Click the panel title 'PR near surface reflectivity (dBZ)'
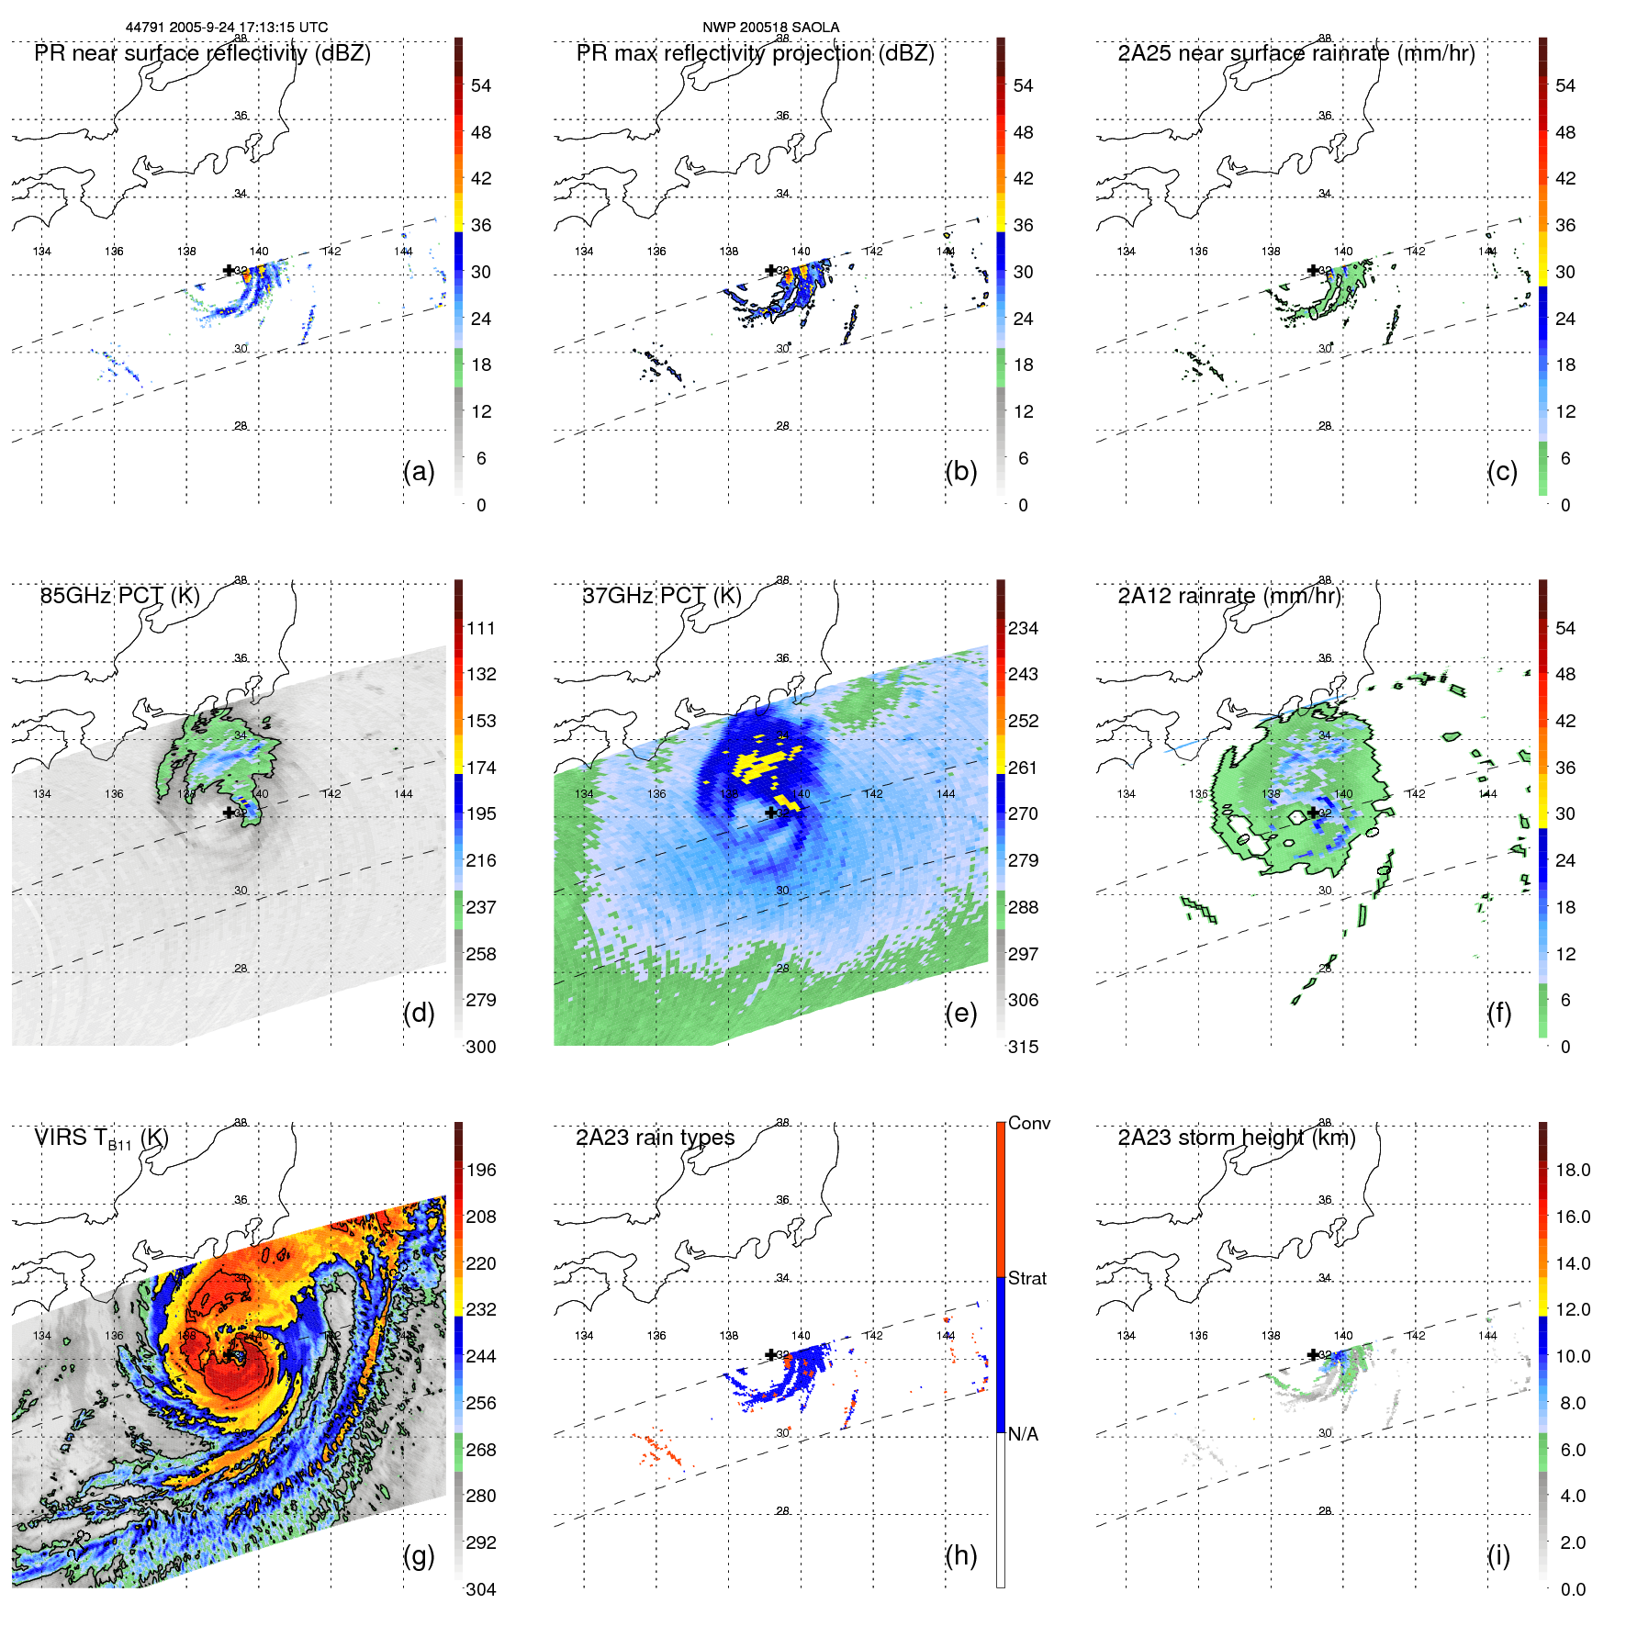pyautogui.click(x=202, y=53)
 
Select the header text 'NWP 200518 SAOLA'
pyautogui.click(x=770, y=27)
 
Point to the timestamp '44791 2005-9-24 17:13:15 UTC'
pyautogui.click(x=227, y=27)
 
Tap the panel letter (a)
pyautogui.click(x=419, y=471)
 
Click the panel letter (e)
pyautogui.click(x=960, y=1013)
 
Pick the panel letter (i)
pyautogui.click(x=1498, y=1555)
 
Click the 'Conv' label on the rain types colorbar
pyautogui.click(x=1028, y=1123)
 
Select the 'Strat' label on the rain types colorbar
pyautogui.click(x=1026, y=1278)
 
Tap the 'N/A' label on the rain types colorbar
pyautogui.click(x=1023, y=1434)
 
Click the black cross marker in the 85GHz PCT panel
pyautogui.click(x=229, y=813)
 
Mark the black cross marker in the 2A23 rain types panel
pyautogui.click(x=771, y=1354)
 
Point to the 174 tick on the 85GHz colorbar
pyautogui.click(x=481, y=768)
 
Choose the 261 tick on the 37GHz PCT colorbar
pyautogui.click(x=1023, y=768)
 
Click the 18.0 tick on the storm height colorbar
pyautogui.click(x=1573, y=1170)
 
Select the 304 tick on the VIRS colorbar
pyautogui.click(x=481, y=1589)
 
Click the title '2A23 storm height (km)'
pyautogui.click(x=1236, y=1138)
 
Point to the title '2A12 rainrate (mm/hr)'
pyautogui.click(x=1228, y=596)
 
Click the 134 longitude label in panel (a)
pyautogui.click(x=42, y=252)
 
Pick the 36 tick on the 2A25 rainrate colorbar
pyautogui.click(x=1565, y=225)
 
